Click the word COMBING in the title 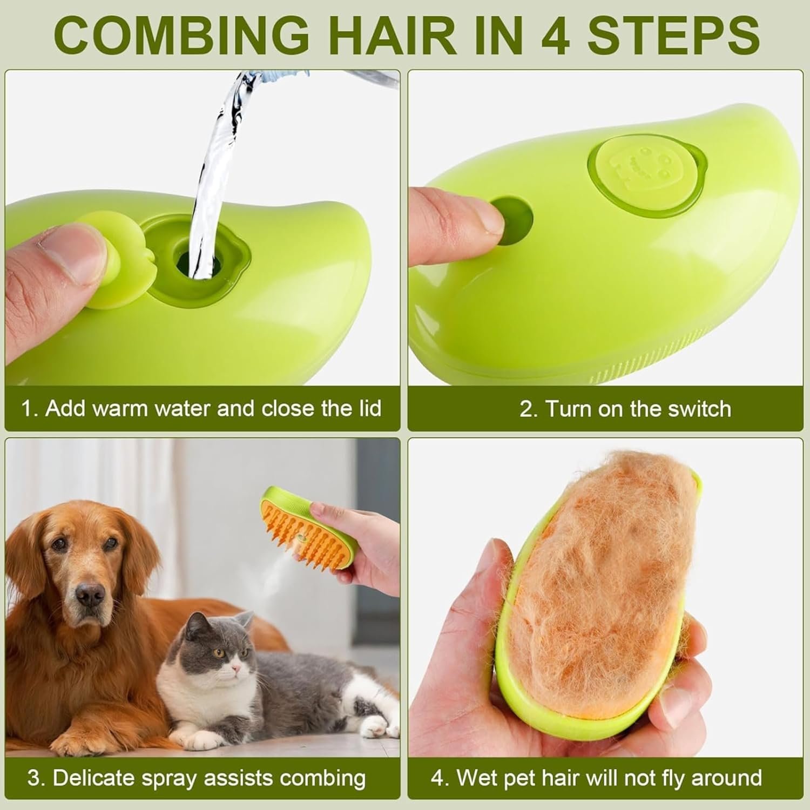click(x=181, y=35)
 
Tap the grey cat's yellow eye click(x=218, y=653)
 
